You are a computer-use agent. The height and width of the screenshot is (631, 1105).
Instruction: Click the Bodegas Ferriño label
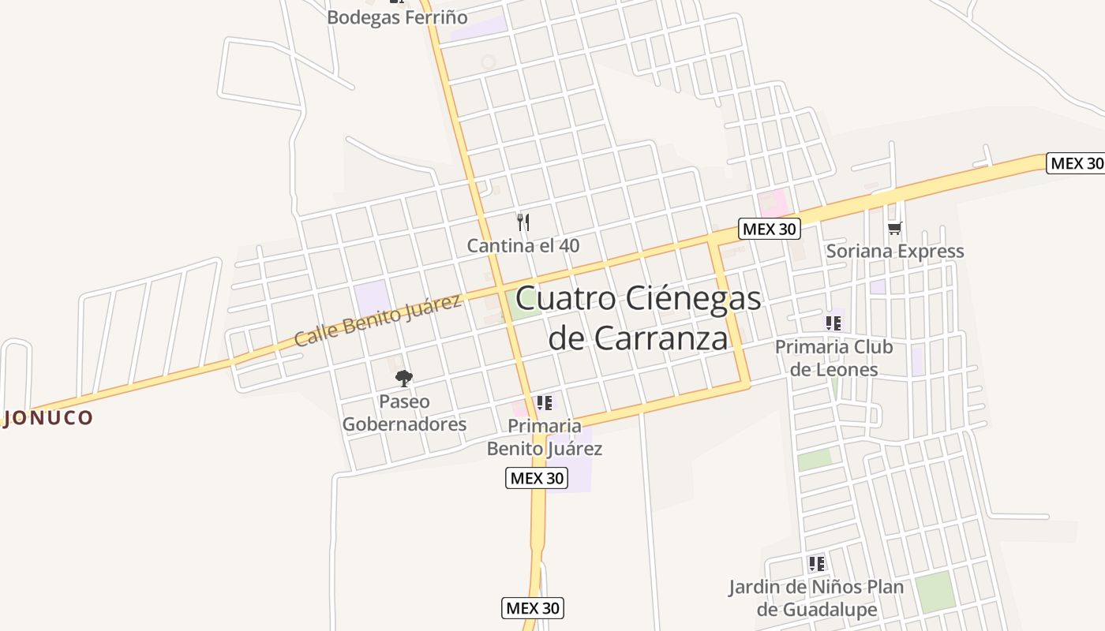397,17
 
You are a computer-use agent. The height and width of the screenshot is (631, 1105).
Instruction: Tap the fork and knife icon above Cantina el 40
523,222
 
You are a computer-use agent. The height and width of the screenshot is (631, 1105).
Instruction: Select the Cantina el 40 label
523,245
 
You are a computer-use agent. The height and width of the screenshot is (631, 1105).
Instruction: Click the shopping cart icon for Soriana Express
894,229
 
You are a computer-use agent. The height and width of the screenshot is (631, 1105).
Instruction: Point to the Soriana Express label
894,251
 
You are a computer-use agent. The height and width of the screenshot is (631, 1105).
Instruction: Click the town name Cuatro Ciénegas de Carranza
638,318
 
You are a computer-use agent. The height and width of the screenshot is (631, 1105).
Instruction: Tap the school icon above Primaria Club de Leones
833,323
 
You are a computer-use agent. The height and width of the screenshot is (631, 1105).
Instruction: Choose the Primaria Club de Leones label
833,358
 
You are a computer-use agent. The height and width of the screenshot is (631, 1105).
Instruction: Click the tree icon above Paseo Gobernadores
404,379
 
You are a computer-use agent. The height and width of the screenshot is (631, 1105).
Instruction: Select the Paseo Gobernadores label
404,413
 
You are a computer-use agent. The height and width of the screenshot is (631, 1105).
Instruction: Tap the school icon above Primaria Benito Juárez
544,403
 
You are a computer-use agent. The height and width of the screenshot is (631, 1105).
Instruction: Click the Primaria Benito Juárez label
544,437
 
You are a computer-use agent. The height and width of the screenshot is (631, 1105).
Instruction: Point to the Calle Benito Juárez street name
377,320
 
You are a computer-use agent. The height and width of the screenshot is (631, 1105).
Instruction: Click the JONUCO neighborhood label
49,418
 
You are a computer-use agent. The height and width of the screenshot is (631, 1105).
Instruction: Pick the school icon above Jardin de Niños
816,564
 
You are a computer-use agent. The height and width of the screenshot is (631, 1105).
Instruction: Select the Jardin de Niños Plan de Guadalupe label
816,598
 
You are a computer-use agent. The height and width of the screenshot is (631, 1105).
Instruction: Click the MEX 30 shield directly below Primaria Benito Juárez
537,478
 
